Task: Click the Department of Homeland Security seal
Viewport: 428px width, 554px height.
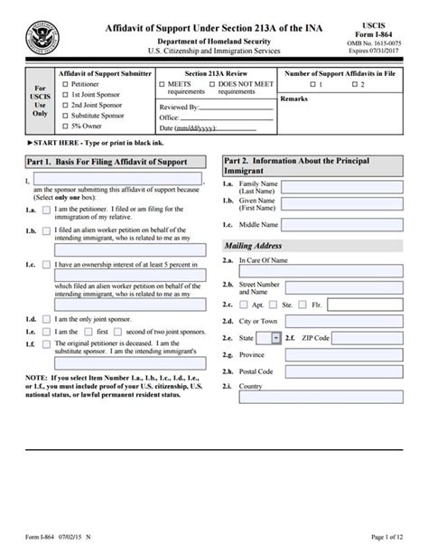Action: (39, 36)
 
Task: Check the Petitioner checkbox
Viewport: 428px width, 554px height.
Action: (63, 83)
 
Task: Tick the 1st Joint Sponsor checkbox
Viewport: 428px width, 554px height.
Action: (63, 94)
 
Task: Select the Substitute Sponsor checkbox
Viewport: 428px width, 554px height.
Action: (63, 116)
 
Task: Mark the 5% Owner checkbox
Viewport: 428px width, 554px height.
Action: (63, 127)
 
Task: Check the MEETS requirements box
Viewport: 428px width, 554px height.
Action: (163, 83)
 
